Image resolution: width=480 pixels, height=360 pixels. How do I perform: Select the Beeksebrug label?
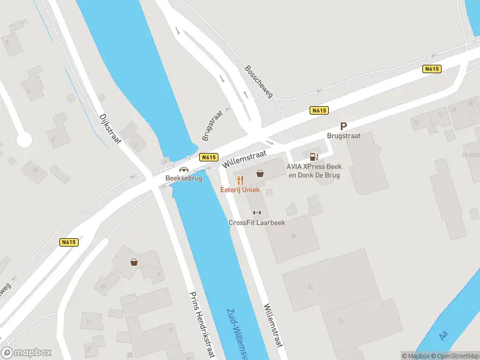(184, 178)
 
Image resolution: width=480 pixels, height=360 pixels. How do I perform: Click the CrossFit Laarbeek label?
(257, 223)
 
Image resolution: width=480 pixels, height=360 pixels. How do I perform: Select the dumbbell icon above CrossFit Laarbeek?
(257, 212)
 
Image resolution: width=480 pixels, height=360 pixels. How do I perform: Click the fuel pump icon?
(312, 157)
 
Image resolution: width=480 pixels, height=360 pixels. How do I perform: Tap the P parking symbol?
(344, 126)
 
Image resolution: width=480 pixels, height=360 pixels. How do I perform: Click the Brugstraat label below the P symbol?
(344, 136)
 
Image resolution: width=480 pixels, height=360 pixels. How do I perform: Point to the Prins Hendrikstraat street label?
(202, 324)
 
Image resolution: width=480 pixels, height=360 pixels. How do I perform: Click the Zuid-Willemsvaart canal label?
(240, 334)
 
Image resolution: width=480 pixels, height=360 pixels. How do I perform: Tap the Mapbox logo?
(26, 353)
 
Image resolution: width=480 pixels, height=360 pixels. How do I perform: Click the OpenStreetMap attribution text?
(458, 356)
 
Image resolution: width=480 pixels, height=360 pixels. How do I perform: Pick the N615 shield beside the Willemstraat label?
(209, 157)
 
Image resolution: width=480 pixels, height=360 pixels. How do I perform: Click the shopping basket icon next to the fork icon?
(260, 173)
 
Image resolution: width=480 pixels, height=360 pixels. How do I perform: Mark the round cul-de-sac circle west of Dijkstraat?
(24, 140)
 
